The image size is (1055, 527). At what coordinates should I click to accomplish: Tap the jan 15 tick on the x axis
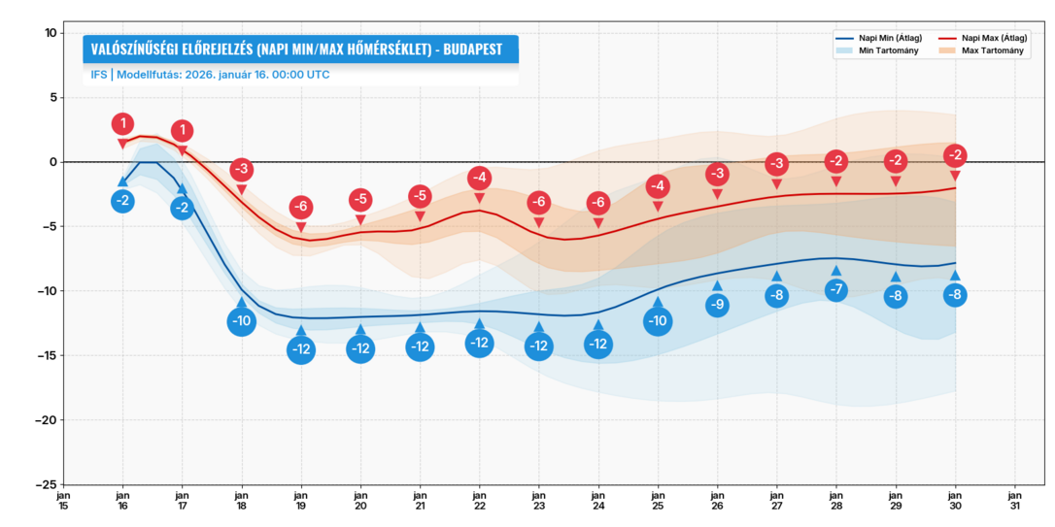(x=63, y=499)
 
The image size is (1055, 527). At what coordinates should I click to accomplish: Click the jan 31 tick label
(x=1015, y=499)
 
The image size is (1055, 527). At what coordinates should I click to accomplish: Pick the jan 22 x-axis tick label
(x=480, y=499)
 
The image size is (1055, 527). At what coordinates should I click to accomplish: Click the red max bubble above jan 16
(x=122, y=124)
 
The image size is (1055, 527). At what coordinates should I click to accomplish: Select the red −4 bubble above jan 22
(x=479, y=178)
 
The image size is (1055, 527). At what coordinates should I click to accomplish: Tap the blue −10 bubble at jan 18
(x=241, y=321)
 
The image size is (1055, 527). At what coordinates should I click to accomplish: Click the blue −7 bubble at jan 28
(x=836, y=289)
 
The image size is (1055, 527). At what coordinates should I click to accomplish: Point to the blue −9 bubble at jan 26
(x=717, y=305)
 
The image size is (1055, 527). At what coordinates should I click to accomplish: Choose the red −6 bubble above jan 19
(x=301, y=207)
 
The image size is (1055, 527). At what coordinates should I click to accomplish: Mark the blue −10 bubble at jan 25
(x=658, y=321)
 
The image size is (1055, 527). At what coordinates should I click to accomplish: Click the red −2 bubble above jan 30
(x=955, y=155)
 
